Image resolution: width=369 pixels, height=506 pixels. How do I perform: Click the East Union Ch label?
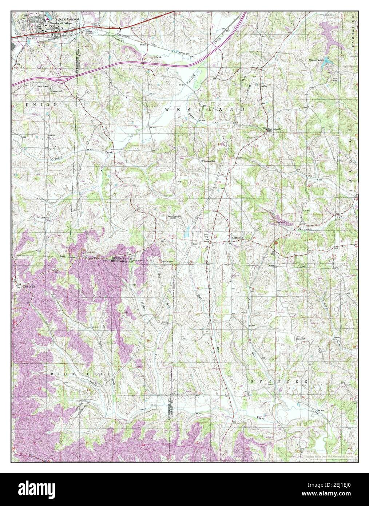click(x=275, y=129)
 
